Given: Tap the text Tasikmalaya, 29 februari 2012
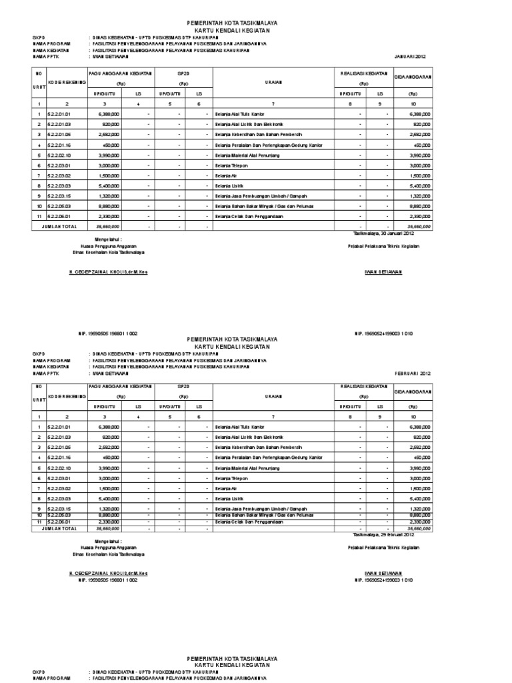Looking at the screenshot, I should click(x=383, y=534).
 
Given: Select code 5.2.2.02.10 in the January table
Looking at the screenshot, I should click(x=58, y=155).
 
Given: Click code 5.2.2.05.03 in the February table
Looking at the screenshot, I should click(x=58, y=515).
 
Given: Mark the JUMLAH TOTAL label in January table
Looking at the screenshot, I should click(x=59, y=227).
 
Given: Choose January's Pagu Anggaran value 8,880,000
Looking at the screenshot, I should click(x=109, y=206).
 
